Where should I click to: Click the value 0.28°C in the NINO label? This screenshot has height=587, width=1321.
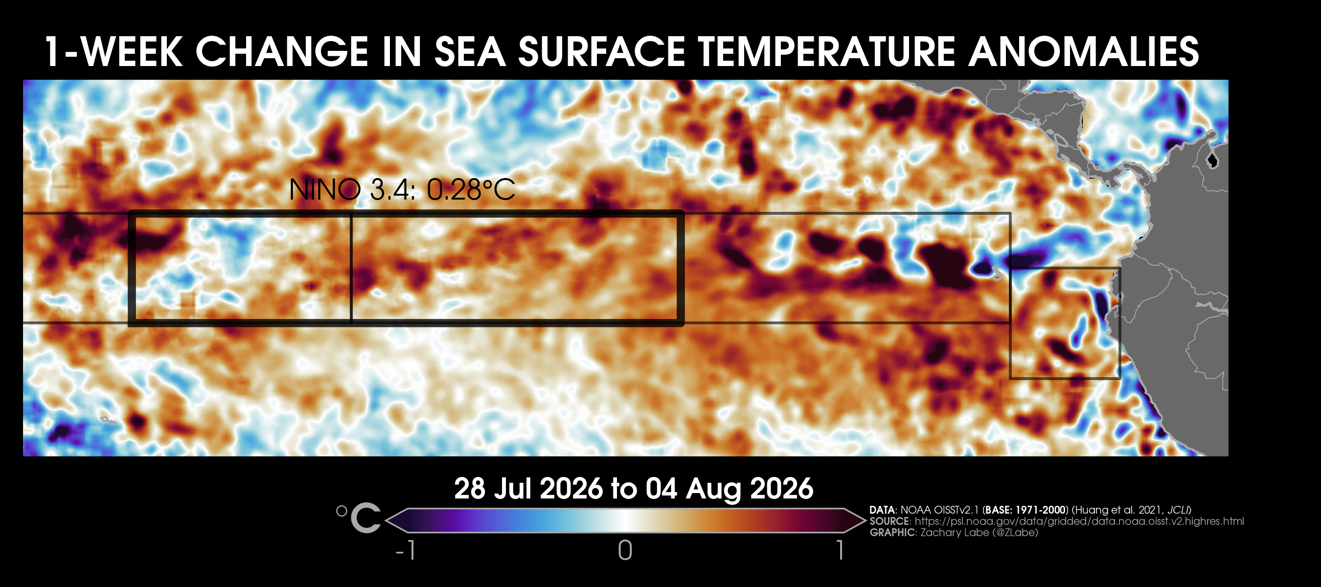[x=471, y=190]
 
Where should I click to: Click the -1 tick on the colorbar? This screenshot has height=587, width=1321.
[x=405, y=551]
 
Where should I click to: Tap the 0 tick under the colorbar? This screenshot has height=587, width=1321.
[x=625, y=551]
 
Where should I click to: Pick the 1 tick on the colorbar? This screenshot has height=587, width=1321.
[x=840, y=551]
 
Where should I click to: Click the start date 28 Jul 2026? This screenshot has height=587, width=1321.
[x=528, y=489]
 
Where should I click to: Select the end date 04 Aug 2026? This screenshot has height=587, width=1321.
[x=729, y=489]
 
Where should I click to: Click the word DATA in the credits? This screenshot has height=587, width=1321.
[x=882, y=510]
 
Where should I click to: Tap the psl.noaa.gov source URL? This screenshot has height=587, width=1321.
[x=1079, y=521]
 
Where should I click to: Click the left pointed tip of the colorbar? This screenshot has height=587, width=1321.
[x=386, y=521]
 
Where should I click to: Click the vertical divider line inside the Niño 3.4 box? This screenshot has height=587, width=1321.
[x=351, y=269]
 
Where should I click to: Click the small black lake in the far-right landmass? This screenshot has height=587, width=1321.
[x=1212, y=160]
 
